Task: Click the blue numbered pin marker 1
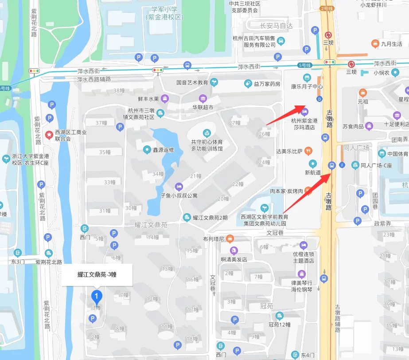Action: pos(96,296)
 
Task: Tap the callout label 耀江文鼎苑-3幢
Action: pos(97,275)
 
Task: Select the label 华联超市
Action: pos(203,107)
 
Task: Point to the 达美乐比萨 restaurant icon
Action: pos(308,151)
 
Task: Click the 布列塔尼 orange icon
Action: pos(230,239)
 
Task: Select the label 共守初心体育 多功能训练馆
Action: pos(206,145)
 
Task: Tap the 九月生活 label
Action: pos(392,43)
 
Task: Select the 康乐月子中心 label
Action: pos(307,87)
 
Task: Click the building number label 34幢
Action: pos(158,174)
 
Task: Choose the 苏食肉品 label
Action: pos(353,126)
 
